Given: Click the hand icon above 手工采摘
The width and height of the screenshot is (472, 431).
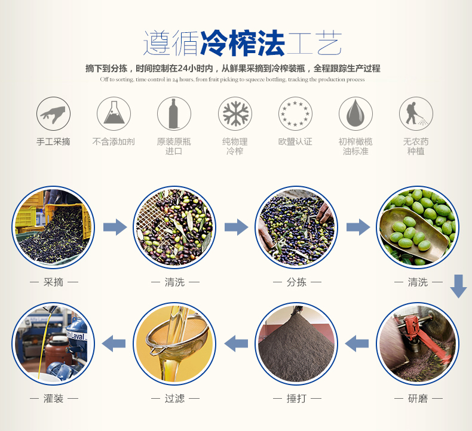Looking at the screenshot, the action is coord(53,114).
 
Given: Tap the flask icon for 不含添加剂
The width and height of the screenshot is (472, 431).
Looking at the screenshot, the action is coord(114,114).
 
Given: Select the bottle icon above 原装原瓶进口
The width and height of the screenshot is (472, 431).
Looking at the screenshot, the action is coord(174,114).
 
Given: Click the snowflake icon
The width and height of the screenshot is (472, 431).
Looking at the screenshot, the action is coord(235,114).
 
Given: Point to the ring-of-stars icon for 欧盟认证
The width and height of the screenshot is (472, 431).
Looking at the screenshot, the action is coord(295,114).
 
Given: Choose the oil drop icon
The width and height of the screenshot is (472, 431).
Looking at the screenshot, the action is coord(355,114).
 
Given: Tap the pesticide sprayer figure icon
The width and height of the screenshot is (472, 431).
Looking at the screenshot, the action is coord(416,114).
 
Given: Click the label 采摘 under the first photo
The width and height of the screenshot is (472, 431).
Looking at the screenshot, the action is coord(54,282).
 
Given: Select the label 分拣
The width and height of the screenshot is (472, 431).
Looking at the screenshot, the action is coord(296,282).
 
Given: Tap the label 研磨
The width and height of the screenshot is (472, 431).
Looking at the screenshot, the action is coord(418,399).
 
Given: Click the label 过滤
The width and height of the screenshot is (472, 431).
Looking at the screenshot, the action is coord(174,399).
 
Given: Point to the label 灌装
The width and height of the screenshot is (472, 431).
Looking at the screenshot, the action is coord(54,399).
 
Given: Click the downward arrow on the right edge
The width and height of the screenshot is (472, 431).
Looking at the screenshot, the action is coord(458,286).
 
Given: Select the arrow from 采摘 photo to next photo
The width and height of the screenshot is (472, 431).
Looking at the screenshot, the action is coord(115,227).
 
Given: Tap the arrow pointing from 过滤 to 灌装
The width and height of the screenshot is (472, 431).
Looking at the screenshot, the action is coord(114,343).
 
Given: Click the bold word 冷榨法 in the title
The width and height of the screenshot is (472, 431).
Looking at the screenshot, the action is coord(243,43).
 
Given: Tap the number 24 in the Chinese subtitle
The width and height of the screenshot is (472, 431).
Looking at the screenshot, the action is coord(182,69).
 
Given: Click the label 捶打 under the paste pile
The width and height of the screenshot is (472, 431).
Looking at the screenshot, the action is coord(296,399).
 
